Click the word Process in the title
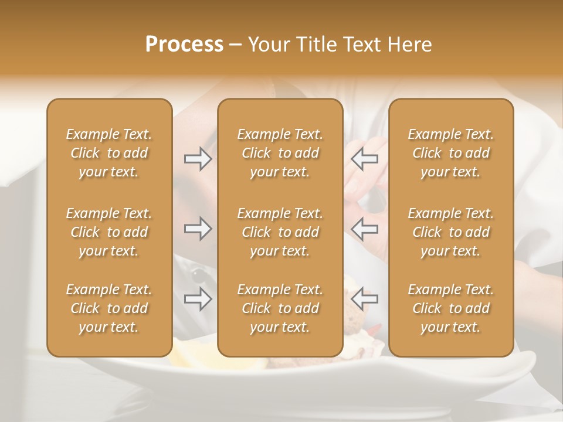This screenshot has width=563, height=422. pyautogui.click(x=184, y=45)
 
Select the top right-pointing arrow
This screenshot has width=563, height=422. pyautogui.click(x=198, y=159)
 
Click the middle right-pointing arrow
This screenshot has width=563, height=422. pyautogui.click(x=198, y=229)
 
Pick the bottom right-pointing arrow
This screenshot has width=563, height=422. pyautogui.click(x=198, y=299)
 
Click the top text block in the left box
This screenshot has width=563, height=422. pyautogui.click(x=109, y=153)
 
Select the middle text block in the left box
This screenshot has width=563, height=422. pyautogui.click(x=109, y=232)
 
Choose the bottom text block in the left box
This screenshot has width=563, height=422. pyautogui.click(x=109, y=308)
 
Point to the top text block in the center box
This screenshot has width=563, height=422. pyautogui.click(x=280, y=153)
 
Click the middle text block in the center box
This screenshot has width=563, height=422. pyautogui.click(x=280, y=232)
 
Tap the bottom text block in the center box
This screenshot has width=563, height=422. pyautogui.click(x=280, y=308)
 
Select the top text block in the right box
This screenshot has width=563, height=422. pyautogui.click(x=450, y=153)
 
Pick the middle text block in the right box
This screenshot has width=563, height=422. pyautogui.click(x=450, y=232)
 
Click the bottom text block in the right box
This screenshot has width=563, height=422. pyautogui.click(x=450, y=308)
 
